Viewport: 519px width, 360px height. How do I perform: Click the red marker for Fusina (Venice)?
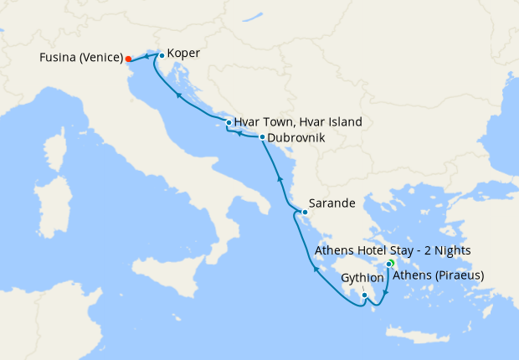[x=128, y=59]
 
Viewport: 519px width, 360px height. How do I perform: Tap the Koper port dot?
[x=162, y=55]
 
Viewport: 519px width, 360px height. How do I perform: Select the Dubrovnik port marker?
[x=262, y=137]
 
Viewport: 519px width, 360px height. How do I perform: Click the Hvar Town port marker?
[x=229, y=123]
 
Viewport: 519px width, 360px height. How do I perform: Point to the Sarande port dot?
[x=305, y=211]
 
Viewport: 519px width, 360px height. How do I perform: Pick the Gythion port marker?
[x=364, y=295]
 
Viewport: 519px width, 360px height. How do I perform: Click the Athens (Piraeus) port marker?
[x=388, y=265]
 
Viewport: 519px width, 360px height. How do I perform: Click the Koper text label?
[x=183, y=53]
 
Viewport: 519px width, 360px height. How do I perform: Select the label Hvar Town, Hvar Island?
[x=298, y=121]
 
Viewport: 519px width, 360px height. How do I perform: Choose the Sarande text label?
[x=332, y=203]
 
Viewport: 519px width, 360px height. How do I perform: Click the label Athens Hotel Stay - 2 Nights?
[x=393, y=250]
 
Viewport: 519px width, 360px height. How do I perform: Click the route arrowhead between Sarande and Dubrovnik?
[x=279, y=179]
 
